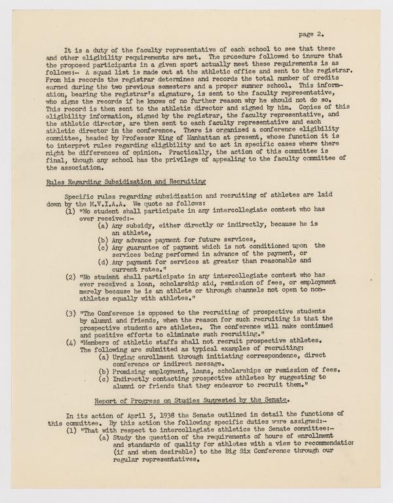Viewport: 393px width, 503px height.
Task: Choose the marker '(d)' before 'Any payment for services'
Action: (103, 261)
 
